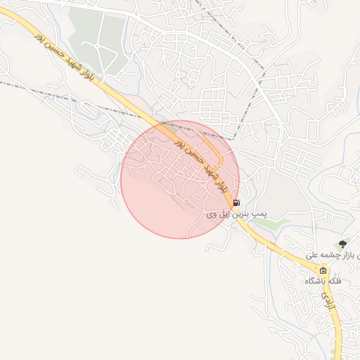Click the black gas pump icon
point(236,202)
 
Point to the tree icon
point(342,244)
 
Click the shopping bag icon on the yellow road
point(323,271)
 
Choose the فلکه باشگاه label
point(323,281)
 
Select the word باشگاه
point(315,281)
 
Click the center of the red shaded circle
point(180,179)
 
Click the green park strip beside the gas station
point(266,223)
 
